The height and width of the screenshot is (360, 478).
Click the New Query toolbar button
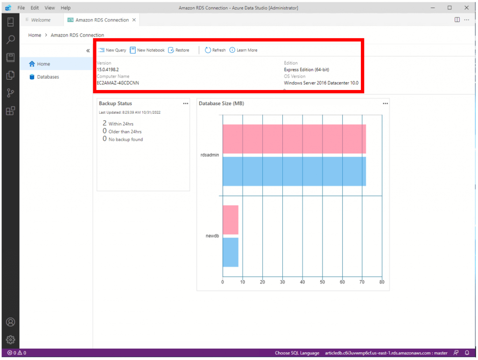click(112, 50)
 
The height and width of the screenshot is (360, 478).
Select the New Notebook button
click(148, 50)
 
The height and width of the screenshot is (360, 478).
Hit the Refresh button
click(215, 50)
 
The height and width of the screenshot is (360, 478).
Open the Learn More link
click(244, 50)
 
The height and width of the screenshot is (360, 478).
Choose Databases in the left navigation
click(48, 77)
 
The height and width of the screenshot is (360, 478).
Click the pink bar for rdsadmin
click(294, 139)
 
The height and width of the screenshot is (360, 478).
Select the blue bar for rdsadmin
click(294, 171)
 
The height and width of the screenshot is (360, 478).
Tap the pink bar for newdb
click(231, 220)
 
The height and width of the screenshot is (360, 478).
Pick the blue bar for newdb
click(231, 252)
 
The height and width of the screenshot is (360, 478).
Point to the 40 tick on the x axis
click(302, 282)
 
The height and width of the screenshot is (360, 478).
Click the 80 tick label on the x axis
click(382, 282)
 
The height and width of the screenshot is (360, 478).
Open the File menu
click(21, 8)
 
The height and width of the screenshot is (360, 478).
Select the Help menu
click(65, 8)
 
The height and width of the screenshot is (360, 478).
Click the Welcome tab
click(41, 20)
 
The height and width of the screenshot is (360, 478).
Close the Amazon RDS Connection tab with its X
click(134, 20)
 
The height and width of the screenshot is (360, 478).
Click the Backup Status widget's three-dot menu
click(185, 104)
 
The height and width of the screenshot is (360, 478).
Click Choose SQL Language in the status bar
click(297, 353)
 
